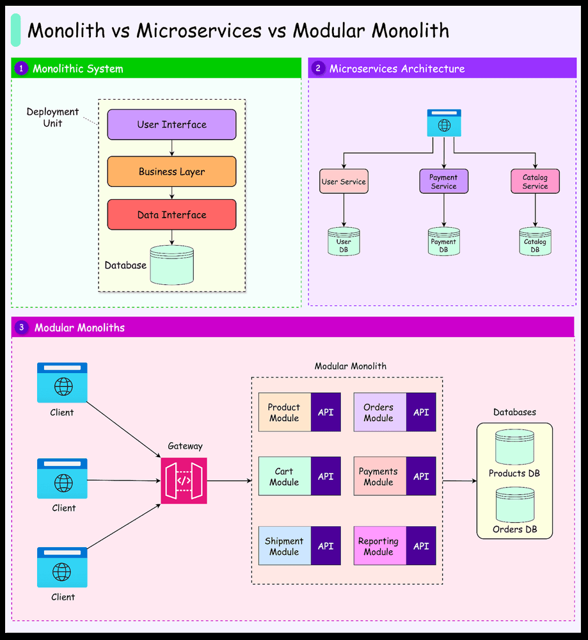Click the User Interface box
(x=171, y=125)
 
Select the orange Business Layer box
(x=171, y=172)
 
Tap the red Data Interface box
(x=171, y=215)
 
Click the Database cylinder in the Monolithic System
(x=171, y=265)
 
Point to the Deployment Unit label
(x=52, y=117)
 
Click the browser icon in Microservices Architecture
(x=444, y=123)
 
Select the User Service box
(x=344, y=182)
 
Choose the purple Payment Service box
(x=443, y=182)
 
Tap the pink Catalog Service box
(x=535, y=182)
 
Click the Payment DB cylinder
(x=443, y=242)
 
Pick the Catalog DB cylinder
(x=535, y=242)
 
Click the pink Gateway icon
(x=184, y=481)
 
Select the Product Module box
(x=284, y=413)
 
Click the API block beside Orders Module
(x=421, y=413)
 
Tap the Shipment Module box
(x=284, y=546)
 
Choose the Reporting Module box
(x=379, y=546)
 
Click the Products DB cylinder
(x=514, y=447)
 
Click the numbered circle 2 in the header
(x=318, y=68)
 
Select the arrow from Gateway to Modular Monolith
(x=229, y=481)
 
